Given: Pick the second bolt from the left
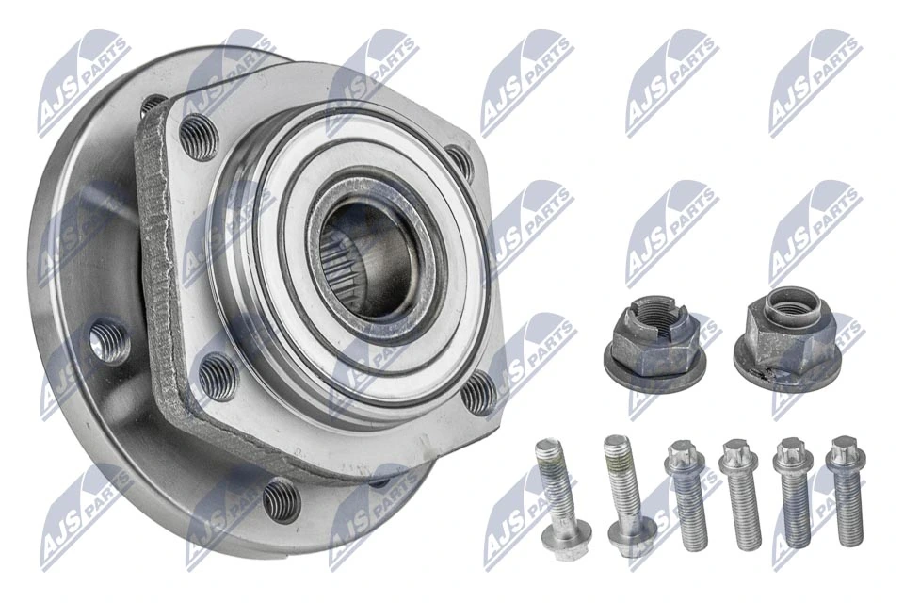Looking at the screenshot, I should pyautogui.click(x=623, y=493).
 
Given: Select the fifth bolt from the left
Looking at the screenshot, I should pyautogui.click(x=794, y=493).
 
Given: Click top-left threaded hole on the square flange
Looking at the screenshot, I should pyautogui.click(x=198, y=135).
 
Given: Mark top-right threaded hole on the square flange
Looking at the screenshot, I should pyautogui.click(x=459, y=162).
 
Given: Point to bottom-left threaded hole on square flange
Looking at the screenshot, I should pyautogui.click(x=218, y=375).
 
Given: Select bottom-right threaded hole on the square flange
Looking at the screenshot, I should pyautogui.click(x=479, y=391).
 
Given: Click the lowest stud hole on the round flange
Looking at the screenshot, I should pyautogui.click(x=281, y=498).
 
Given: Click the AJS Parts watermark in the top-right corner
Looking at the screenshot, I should pyautogui.click(x=815, y=81).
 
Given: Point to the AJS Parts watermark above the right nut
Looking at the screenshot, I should pyautogui.click(x=815, y=232).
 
